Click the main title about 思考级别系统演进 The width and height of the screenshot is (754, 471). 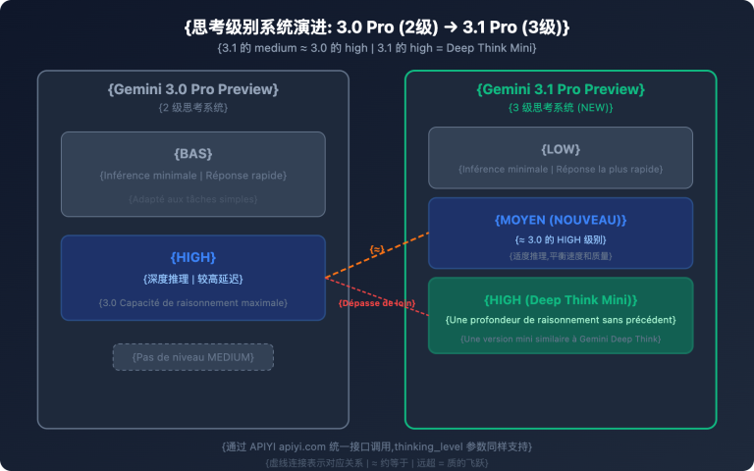coord(377,26)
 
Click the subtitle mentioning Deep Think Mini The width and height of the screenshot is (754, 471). coord(377,48)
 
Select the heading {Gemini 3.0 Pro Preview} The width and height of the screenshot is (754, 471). coord(193,89)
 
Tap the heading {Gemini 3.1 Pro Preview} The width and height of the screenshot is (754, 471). coord(561,89)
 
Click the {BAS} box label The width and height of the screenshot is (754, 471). coord(193,154)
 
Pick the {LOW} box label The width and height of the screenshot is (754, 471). coord(561,149)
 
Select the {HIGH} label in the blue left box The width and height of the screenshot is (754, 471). coord(193,257)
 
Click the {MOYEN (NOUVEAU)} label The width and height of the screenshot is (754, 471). coord(561,219)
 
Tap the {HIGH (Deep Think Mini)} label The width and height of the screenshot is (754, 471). coord(561,299)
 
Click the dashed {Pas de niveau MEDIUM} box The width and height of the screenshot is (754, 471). coord(193,357)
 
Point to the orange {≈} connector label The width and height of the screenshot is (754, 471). coord(377,250)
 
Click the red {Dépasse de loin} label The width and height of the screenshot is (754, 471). coord(377,303)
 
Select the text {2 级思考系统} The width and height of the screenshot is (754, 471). coord(193,107)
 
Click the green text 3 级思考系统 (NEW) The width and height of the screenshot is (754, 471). coord(561,107)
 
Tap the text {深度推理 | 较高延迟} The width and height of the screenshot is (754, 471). coord(193,278)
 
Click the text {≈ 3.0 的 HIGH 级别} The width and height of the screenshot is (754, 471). coord(561,239)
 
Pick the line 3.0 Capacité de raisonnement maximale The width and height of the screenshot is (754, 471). coord(193,302)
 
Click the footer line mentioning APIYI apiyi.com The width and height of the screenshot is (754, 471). coord(377,446)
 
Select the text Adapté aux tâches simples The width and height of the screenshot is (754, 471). coord(193,198)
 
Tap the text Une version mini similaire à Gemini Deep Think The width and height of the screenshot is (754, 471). coord(561,340)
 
